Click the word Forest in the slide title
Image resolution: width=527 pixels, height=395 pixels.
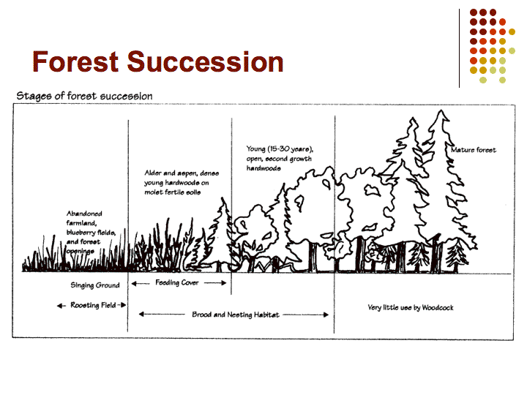75,61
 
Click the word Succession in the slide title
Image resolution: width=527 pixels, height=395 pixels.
206,61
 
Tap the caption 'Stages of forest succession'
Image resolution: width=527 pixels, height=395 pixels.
84,96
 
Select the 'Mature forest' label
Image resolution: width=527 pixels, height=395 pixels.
474,150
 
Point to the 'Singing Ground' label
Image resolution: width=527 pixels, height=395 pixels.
94,285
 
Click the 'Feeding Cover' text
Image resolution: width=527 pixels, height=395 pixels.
177,282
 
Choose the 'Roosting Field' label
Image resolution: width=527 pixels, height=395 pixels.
93,305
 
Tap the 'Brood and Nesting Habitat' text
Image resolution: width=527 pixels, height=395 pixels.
236,315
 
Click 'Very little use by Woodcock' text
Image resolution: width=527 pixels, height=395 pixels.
411,307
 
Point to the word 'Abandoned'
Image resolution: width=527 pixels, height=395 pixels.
84,214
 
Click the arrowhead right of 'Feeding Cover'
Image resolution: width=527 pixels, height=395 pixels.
224,283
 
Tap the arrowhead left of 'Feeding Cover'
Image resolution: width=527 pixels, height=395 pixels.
134,284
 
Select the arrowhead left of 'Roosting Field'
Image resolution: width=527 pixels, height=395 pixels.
60,306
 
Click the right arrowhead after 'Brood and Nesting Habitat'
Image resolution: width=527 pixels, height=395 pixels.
326,315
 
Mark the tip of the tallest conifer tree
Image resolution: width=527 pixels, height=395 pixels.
441,110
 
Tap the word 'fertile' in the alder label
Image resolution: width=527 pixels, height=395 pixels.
172,192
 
